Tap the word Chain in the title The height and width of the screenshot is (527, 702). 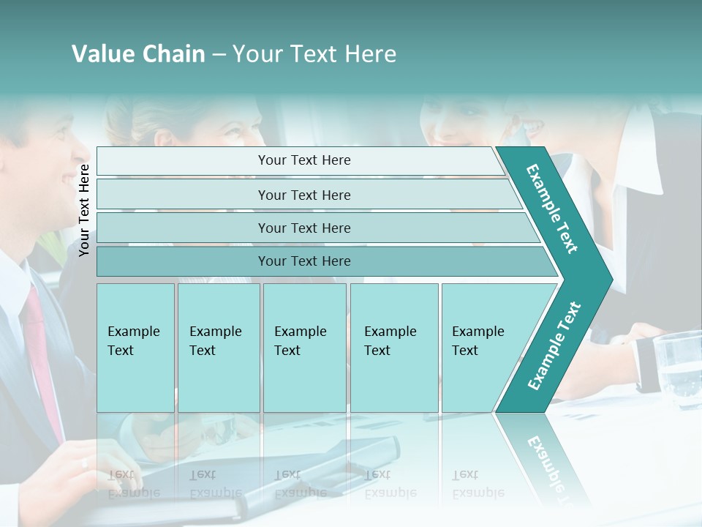[170, 53]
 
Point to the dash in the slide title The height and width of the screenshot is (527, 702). [219, 54]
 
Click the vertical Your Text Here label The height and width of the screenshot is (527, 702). [84, 209]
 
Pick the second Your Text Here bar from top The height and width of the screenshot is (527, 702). [304, 195]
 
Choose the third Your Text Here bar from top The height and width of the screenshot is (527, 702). [304, 228]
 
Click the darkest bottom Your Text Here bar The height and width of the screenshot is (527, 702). [304, 261]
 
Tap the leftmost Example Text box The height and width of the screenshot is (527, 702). [135, 347]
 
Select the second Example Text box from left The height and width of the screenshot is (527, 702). [218, 347]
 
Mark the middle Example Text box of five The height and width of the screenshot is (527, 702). [304, 347]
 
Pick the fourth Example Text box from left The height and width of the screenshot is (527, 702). [394, 347]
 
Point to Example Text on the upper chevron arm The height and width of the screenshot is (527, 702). [552, 209]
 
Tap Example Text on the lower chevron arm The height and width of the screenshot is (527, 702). [554, 346]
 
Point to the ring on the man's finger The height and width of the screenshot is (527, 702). [85, 463]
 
